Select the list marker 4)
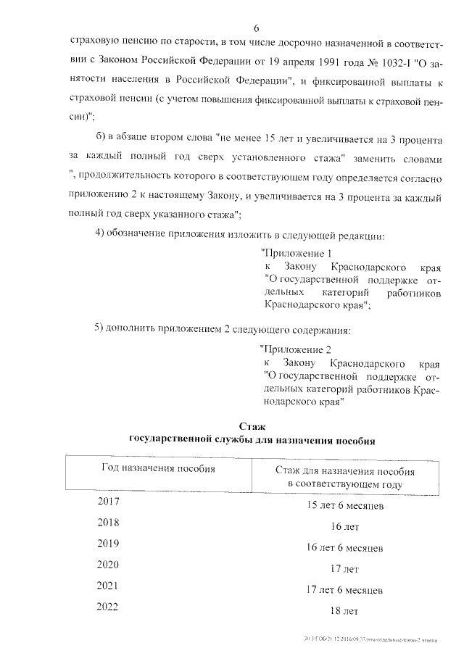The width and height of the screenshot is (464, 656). click(102, 235)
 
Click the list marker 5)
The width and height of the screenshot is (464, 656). click(102, 331)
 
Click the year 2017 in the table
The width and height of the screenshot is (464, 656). click(108, 501)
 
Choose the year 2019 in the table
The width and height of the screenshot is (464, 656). click(108, 543)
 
